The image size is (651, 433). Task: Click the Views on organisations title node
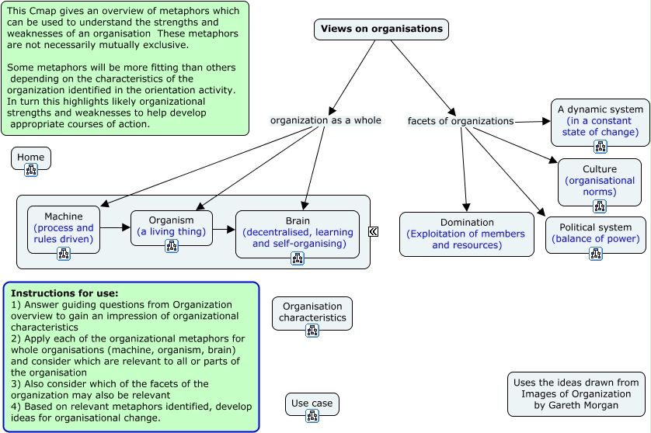[x=381, y=29]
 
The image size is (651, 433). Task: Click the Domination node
[x=467, y=233]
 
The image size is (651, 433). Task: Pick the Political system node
[x=596, y=232]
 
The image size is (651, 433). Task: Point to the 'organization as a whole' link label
[x=325, y=120]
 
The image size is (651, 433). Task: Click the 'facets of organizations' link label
[x=461, y=121]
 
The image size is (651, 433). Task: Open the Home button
[x=31, y=158]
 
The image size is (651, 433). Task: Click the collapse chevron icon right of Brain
[x=374, y=231]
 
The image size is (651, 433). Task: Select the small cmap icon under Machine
[x=64, y=253]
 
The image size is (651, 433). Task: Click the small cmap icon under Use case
[x=312, y=416]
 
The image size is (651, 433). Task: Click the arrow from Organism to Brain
[x=224, y=230]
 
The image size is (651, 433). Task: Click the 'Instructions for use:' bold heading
[x=64, y=293]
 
